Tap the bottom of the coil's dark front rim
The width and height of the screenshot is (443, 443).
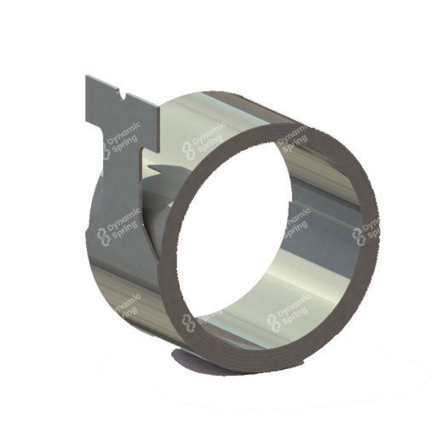point(256,337)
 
